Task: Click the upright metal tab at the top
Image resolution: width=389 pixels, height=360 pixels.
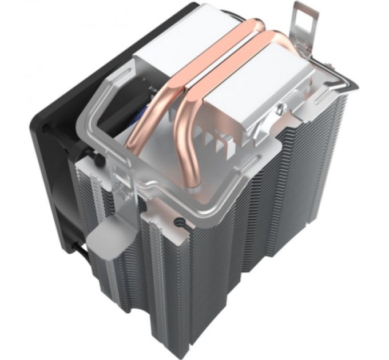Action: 304,23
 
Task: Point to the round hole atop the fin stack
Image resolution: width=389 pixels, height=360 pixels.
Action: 181,219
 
